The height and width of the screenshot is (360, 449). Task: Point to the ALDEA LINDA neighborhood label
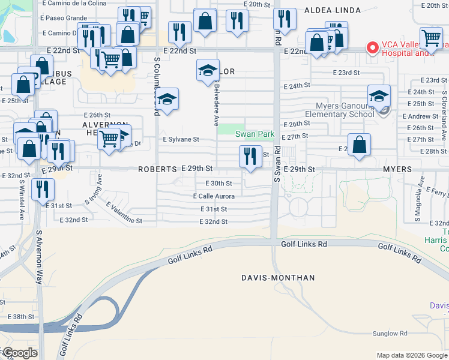[333, 10]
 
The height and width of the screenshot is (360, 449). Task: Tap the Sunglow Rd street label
[390, 333]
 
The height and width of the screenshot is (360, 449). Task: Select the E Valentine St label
[124, 214]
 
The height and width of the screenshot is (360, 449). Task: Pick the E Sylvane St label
[181, 139]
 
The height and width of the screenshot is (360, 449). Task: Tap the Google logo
[19, 352]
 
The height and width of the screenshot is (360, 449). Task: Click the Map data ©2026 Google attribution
[412, 355]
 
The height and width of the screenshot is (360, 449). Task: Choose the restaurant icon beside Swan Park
[250, 156]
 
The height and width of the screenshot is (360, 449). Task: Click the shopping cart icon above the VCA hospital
[431, 38]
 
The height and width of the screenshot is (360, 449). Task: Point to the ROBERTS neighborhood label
[157, 170]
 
